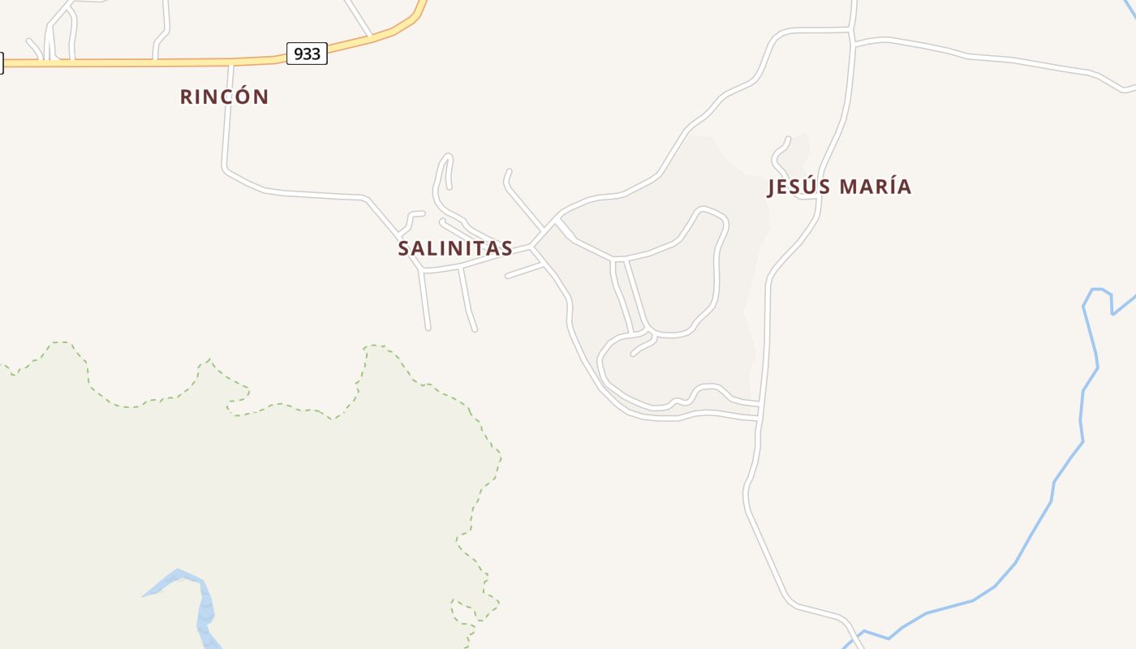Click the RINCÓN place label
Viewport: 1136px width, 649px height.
[224, 97]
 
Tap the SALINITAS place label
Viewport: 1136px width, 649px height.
[454, 249]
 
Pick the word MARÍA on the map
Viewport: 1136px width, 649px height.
[876, 187]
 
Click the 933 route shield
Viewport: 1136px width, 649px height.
[307, 54]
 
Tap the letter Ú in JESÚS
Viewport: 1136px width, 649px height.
[811, 187]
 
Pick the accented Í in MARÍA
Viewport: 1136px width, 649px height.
[893, 187]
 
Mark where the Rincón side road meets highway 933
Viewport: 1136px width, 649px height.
[230, 62]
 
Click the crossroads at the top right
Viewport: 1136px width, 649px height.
[852, 37]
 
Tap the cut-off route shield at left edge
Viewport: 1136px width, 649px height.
[2, 62]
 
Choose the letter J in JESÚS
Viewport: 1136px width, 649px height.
[772, 187]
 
